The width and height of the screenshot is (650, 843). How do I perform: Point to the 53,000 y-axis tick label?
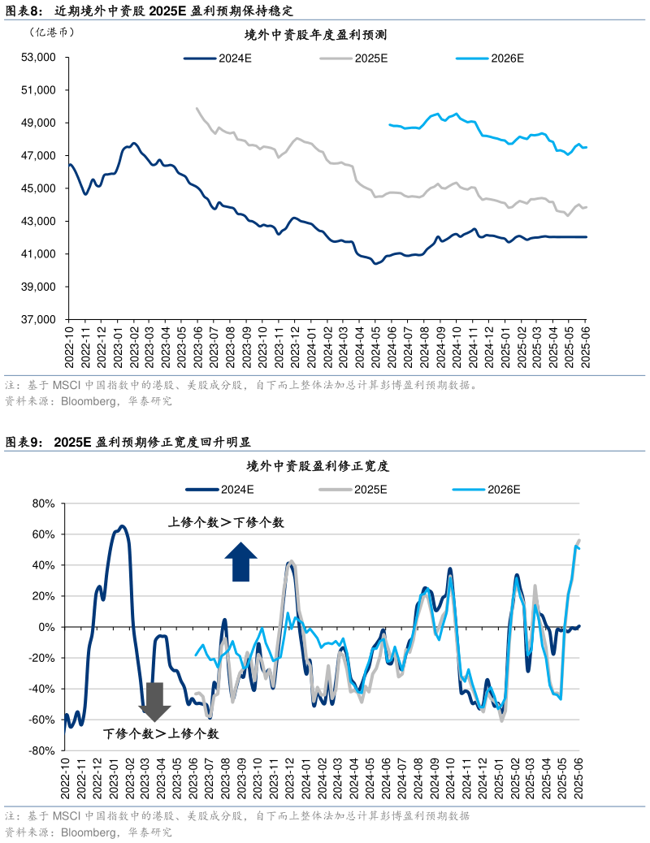(37, 58)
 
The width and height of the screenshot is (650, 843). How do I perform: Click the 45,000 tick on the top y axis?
(37, 188)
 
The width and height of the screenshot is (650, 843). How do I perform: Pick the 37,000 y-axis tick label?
(37, 320)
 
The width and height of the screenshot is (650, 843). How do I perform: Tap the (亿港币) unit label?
(51, 32)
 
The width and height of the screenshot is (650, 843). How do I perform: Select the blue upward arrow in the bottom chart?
(240, 562)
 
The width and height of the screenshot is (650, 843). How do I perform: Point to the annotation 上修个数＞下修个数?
(226, 523)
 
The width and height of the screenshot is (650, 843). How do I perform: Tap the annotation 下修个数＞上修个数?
(161, 733)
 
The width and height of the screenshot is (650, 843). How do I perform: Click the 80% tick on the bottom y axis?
(41, 504)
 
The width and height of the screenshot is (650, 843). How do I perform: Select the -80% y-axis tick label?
(40, 751)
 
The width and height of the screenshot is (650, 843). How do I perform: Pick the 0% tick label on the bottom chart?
(45, 627)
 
